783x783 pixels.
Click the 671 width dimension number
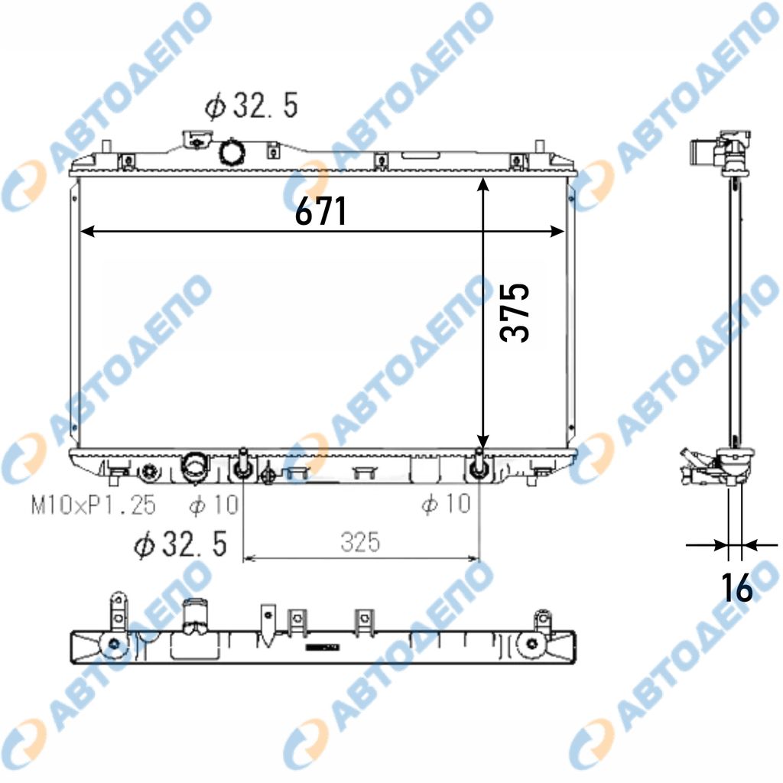320,211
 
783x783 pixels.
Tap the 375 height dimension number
515,313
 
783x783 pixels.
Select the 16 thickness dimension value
737,587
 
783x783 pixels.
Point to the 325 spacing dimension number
360,541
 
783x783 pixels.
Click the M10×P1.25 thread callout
93,505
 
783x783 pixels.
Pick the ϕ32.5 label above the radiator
251,106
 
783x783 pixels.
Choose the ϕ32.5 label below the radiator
180,544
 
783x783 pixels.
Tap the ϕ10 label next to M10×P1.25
214,505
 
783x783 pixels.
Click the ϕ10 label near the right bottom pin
446,503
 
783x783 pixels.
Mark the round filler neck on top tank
232,152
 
